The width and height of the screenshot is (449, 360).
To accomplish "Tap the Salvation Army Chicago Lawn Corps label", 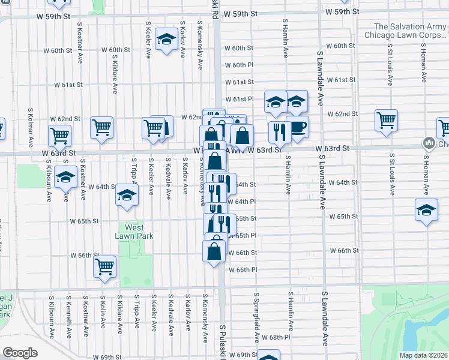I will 406,31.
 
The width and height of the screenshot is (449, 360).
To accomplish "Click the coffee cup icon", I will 297,127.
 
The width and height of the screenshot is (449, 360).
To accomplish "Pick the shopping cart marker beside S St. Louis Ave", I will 386,120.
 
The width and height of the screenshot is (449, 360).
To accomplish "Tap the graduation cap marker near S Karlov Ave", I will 164,40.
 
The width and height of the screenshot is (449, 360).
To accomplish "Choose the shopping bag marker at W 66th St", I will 214,251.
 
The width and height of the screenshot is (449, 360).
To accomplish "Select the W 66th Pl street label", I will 243,270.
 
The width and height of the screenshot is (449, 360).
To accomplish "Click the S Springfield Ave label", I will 256,313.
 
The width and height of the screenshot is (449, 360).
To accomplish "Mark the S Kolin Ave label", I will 102,313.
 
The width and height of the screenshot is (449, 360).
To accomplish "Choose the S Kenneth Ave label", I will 68,313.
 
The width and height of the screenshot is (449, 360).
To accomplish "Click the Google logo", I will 20,352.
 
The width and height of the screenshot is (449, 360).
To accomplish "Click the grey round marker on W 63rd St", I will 429,143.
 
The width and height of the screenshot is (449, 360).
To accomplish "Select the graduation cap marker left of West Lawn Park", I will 64,177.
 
